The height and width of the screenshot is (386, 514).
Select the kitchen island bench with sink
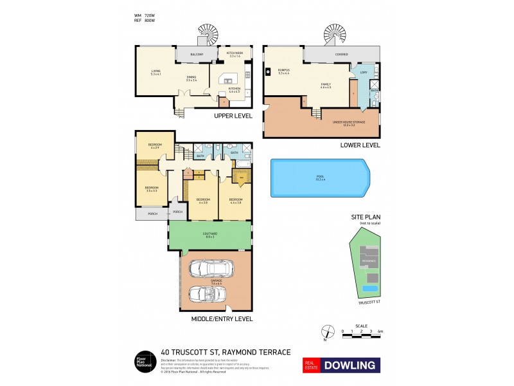pyautogui.click(x=229, y=80)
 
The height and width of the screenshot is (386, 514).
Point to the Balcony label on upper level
pyautogui.click(x=197, y=55)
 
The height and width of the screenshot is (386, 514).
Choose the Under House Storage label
pyautogui.click(x=348, y=122)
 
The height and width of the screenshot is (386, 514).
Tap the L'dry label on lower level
pyautogui.click(x=364, y=72)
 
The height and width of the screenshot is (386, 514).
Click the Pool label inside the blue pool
pyautogui.click(x=319, y=177)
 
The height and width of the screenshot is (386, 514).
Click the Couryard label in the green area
pyautogui.click(x=210, y=235)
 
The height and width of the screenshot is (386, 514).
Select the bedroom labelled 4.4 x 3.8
pyautogui.click(x=235, y=201)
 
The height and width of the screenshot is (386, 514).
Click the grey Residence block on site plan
pyautogui.click(x=368, y=261)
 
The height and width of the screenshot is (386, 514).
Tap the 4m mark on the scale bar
pyautogui.click(x=380, y=331)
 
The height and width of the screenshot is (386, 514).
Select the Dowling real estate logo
pyautogui.click(x=341, y=365)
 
